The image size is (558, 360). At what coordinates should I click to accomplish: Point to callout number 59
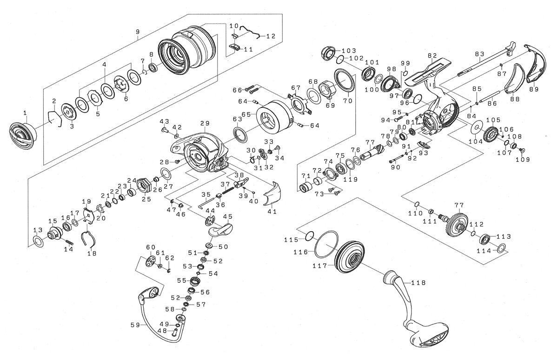click(x=135, y=326)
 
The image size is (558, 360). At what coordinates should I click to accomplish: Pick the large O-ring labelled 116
click(x=325, y=243)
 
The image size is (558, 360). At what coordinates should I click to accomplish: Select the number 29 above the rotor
click(x=205, y=123)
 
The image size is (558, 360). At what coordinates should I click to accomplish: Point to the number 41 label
click(x=272, y=212)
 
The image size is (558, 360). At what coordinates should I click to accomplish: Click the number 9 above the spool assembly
click(x=137, y=32)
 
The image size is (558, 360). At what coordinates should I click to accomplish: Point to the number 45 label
click(x=227, y=217)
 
